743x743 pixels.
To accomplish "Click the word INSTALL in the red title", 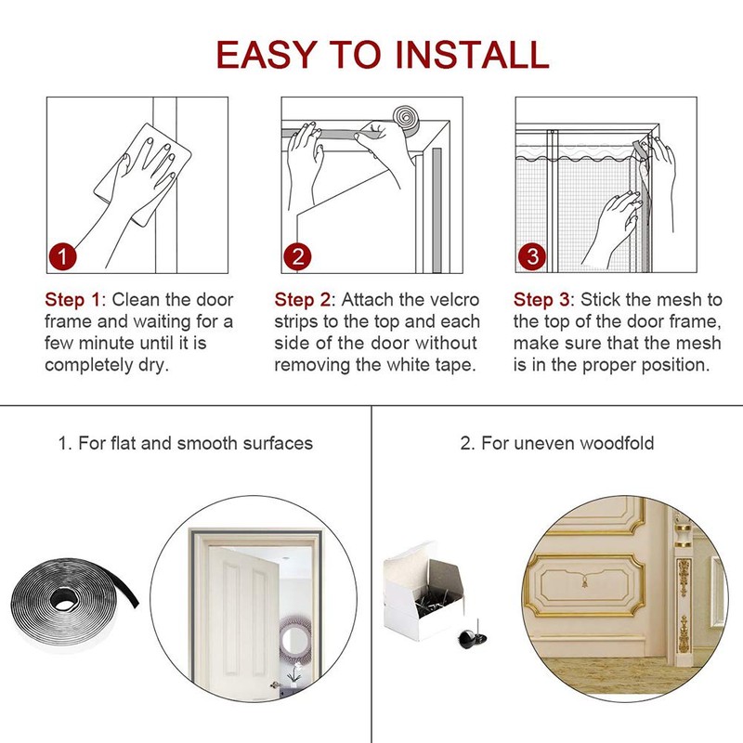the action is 472,54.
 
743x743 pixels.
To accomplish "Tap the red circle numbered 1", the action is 62,257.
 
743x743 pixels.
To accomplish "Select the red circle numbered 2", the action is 297,257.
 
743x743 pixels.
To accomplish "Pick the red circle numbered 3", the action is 531,257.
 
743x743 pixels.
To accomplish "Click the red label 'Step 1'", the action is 72,300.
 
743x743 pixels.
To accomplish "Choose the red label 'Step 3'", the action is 541,300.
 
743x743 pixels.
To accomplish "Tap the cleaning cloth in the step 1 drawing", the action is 142,173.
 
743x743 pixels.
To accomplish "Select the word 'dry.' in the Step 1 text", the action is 153,366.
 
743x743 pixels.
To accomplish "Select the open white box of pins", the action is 424,592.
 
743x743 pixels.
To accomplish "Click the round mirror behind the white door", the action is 294,640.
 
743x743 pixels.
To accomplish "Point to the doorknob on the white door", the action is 274,684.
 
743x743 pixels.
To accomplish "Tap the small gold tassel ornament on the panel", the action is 585,581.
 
